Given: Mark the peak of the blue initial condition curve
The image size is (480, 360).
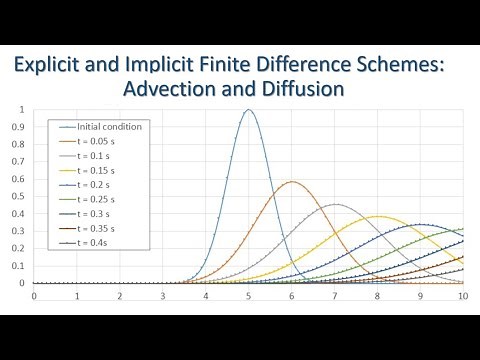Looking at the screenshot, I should point(249,110).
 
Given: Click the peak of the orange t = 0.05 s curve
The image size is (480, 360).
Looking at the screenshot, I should point(291,181).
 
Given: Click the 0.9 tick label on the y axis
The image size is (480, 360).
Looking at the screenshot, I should point(21,127).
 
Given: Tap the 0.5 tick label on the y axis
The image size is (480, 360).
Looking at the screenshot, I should point(21,196).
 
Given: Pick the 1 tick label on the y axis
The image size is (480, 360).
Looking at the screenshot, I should point(23,109).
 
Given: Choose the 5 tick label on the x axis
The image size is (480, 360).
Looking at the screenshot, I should point(249,297).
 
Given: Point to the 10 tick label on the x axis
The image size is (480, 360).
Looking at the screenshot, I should point(462,297).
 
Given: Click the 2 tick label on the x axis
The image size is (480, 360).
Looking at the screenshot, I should point(120,297).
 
